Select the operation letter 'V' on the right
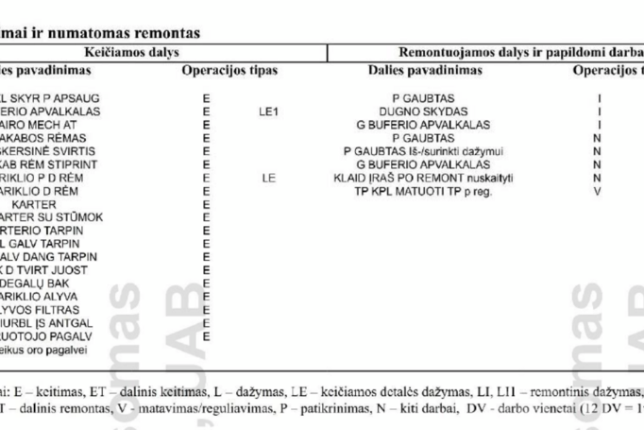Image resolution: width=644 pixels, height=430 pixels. pos(597,190)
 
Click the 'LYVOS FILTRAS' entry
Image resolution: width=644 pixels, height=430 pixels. pos(42,309)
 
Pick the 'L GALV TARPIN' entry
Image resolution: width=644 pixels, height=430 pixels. pos(42,243)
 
